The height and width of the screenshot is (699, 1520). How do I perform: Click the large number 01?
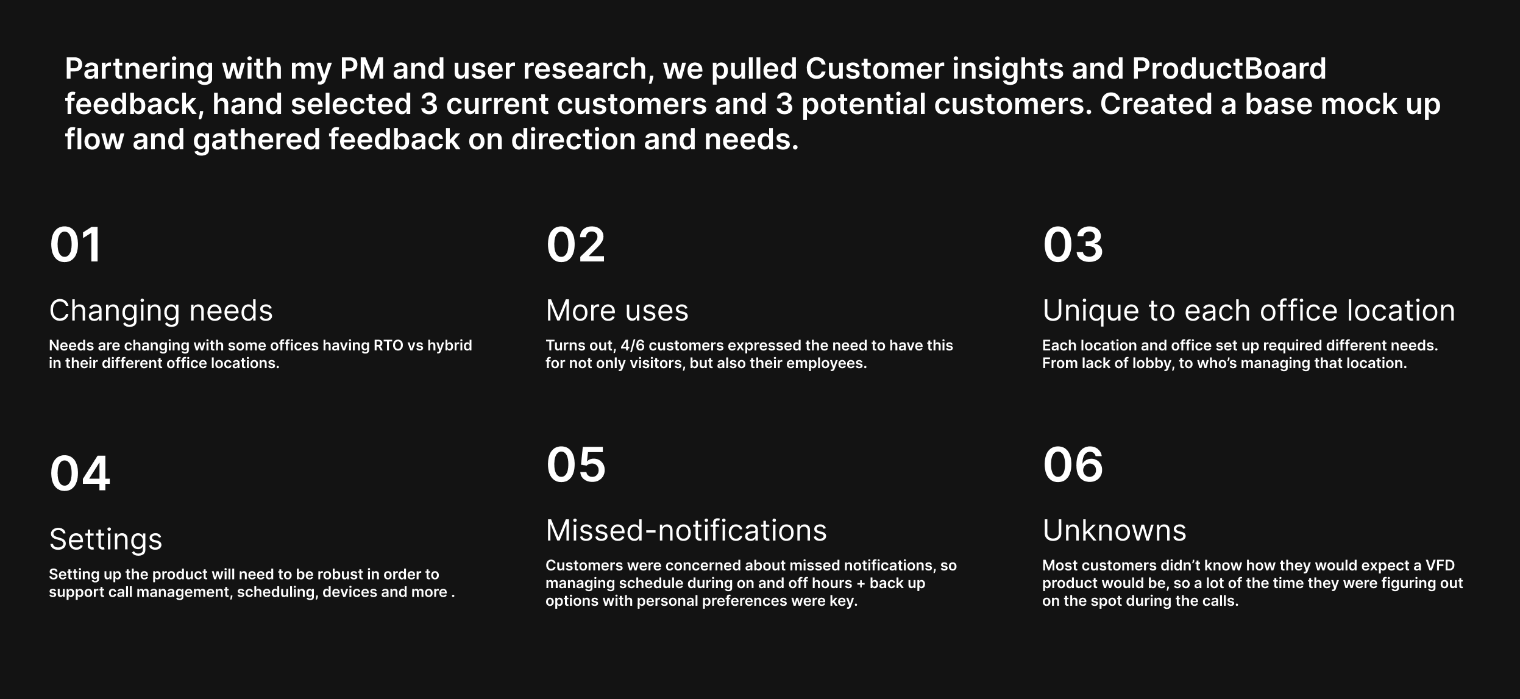[x=75, y=245]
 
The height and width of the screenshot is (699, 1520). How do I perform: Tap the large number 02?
[x=575, y=245]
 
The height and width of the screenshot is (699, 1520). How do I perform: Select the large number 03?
[x=1073, y=245]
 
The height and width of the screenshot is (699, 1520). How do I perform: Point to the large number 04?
[x=80, y=474]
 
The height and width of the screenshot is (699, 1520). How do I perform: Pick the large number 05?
[x=576, y=465]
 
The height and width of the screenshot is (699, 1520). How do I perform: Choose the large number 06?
[x=1073, y=465]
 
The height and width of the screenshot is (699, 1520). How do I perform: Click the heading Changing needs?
[x=161, y=311]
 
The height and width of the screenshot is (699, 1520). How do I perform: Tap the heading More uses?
[x=617, y=311]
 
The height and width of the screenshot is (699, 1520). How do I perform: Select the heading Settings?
[x=105, y=539]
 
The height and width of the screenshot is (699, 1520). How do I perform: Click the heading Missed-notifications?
[x=686, y=531]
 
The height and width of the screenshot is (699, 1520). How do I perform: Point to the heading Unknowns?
[x=1114, y=531]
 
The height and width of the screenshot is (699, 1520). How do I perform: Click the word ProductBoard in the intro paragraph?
[x=1229, y=69]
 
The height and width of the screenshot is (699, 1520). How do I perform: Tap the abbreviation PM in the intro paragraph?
[x=362, y=69]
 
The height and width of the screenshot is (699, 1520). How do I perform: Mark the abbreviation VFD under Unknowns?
[x=1440, y=566]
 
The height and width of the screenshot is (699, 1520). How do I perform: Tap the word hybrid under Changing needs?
[x=449, y=346]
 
